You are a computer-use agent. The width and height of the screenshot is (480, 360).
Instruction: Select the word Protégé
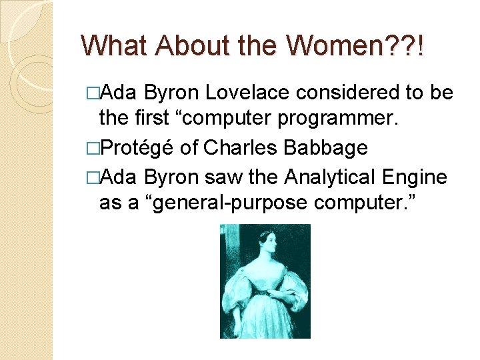click(133, 147)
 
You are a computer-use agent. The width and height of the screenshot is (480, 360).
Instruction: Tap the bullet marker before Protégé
click(93, 147)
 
